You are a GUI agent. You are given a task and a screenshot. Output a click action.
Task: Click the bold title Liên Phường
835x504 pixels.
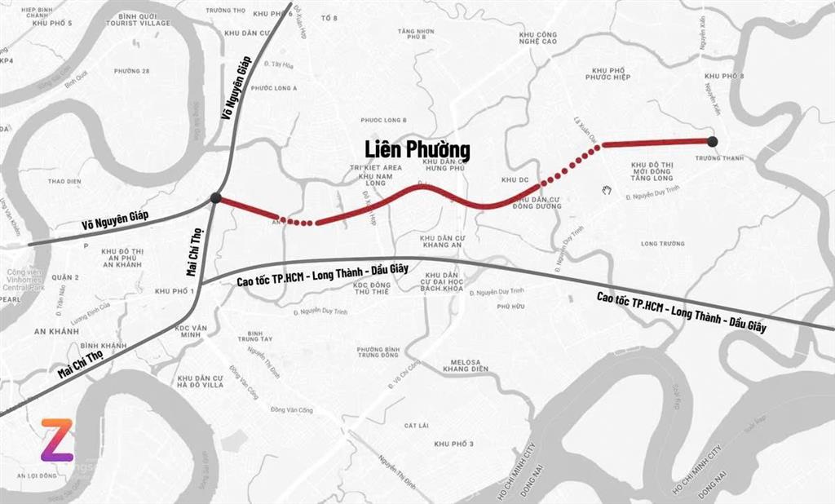tap(418, 150)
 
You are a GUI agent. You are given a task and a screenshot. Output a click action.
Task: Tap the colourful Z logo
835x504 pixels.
tap(57, 440)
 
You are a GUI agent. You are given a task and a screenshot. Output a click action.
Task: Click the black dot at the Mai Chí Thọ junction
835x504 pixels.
tap(216, 197)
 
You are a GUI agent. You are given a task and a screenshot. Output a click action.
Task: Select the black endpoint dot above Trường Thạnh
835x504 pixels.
tap(712, 141)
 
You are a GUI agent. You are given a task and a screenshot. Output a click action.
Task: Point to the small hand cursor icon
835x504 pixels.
tap(606, 190)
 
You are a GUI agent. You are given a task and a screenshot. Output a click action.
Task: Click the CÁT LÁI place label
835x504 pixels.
tap(416, 425)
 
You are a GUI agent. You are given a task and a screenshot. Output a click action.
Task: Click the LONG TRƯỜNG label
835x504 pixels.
tap(661, 243)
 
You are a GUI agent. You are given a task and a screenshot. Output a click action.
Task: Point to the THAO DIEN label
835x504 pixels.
tap(65, 181)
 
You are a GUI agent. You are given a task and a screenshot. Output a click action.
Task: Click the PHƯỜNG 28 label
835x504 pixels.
tap(132, 71)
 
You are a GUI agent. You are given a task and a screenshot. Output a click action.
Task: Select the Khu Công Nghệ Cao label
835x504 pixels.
tap(537, 38)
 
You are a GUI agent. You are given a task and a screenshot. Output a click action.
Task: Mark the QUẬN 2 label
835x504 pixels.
tap(65, 277)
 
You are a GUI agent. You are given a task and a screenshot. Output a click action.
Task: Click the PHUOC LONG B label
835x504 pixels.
tap(383, 119)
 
